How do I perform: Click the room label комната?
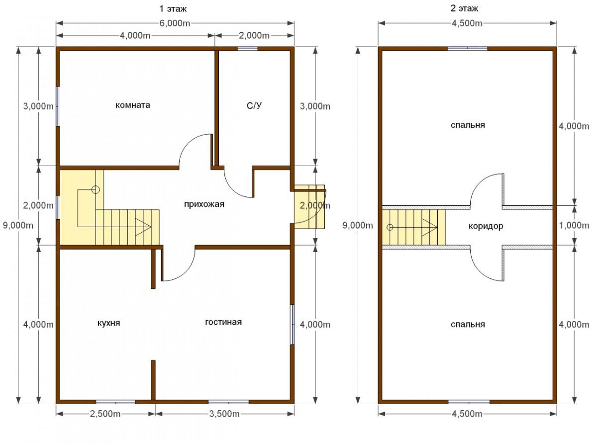tap(133, 105)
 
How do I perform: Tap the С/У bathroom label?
tap(254, 106)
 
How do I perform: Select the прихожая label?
tap(204, 204)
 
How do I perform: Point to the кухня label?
tap(109, 323)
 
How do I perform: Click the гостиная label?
tap(223, 322)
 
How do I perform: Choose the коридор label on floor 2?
tap(486, 226)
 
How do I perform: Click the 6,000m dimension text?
tap(175, 23)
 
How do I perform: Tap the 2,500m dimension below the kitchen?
tap(105, 414)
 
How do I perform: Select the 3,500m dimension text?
tap(224, 414)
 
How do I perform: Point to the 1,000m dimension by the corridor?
tap(574, 226)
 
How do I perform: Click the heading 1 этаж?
tap(173, 9)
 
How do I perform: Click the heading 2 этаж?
tap(465, 8)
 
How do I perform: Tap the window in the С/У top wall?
tap(247, 49)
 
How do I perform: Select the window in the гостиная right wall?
tap(293, 325)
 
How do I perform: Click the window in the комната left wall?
tap(58, 106)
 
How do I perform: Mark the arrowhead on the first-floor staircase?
tap(144, 227)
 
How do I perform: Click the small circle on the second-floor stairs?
tap(390, 227)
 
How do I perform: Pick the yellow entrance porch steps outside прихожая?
tap(309, 207)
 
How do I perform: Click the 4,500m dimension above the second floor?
tap(467, 23)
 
